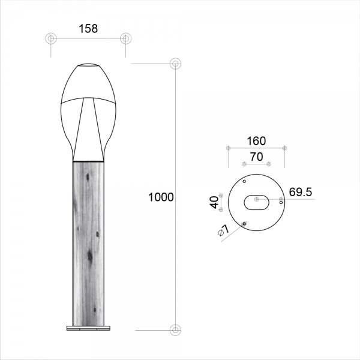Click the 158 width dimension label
click(88, 29)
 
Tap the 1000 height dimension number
click(161, 197)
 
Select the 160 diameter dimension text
click(256, 141)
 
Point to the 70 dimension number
click(256, 157)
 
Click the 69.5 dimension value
click(301, 192)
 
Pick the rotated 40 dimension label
click(215, 202)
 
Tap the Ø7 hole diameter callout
click(223, 230)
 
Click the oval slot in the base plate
click(256, 203)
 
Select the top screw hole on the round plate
click(244, 181)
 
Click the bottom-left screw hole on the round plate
click(244, 224)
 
